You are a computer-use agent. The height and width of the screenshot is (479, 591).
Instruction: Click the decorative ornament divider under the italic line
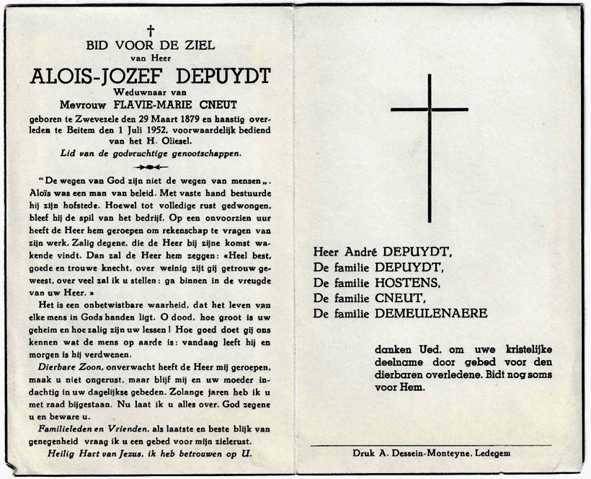pos(151,166)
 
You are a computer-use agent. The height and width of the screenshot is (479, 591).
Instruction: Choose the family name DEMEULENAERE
pos(431,313)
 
